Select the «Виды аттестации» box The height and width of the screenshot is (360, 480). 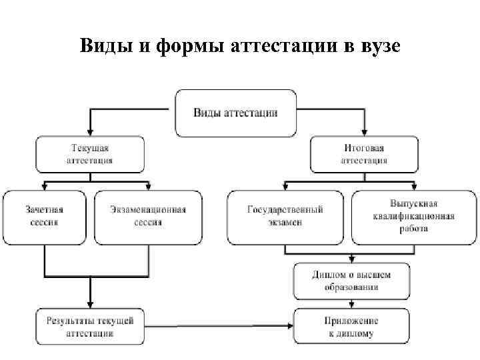235,113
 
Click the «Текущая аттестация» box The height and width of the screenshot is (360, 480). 89,154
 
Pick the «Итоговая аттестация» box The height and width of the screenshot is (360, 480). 364,154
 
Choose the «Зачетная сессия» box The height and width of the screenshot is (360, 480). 44,216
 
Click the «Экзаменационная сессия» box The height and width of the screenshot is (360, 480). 148,216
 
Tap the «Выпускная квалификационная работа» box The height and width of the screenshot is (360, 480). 405,216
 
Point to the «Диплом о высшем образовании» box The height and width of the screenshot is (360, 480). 351,281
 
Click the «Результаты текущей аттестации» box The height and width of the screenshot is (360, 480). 89,326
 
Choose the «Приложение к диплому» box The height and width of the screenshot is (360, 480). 351,326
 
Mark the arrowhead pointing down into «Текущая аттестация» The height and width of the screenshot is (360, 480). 89,133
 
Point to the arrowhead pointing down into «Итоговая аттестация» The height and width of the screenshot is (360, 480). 364,133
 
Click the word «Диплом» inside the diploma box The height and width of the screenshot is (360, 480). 329,275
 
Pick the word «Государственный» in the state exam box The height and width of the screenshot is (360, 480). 285,209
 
